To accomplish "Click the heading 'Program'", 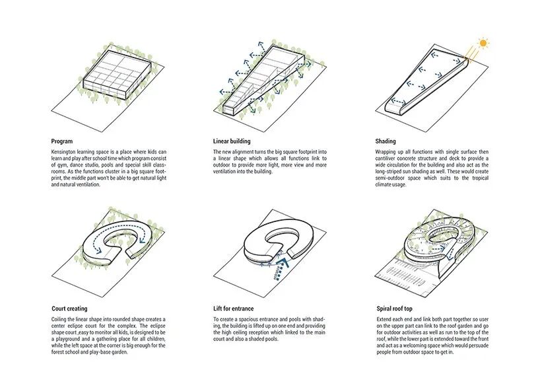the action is point(62,141).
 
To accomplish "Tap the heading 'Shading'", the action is point(385,141).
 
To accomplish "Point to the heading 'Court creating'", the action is point(69,309).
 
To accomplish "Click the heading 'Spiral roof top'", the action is point(394,309).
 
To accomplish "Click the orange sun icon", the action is point(484,44).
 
